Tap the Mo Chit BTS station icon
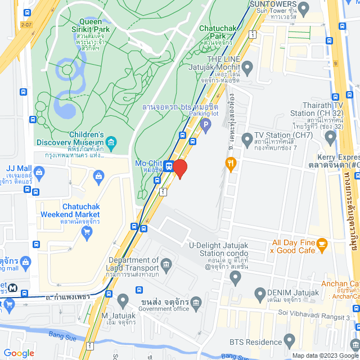168,166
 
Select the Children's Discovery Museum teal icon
112,142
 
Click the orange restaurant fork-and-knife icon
230,164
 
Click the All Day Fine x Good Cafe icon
322,244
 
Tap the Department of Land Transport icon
166,264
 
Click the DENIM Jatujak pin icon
260,293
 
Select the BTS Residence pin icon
290,341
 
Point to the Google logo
18,353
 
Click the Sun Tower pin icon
303,8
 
